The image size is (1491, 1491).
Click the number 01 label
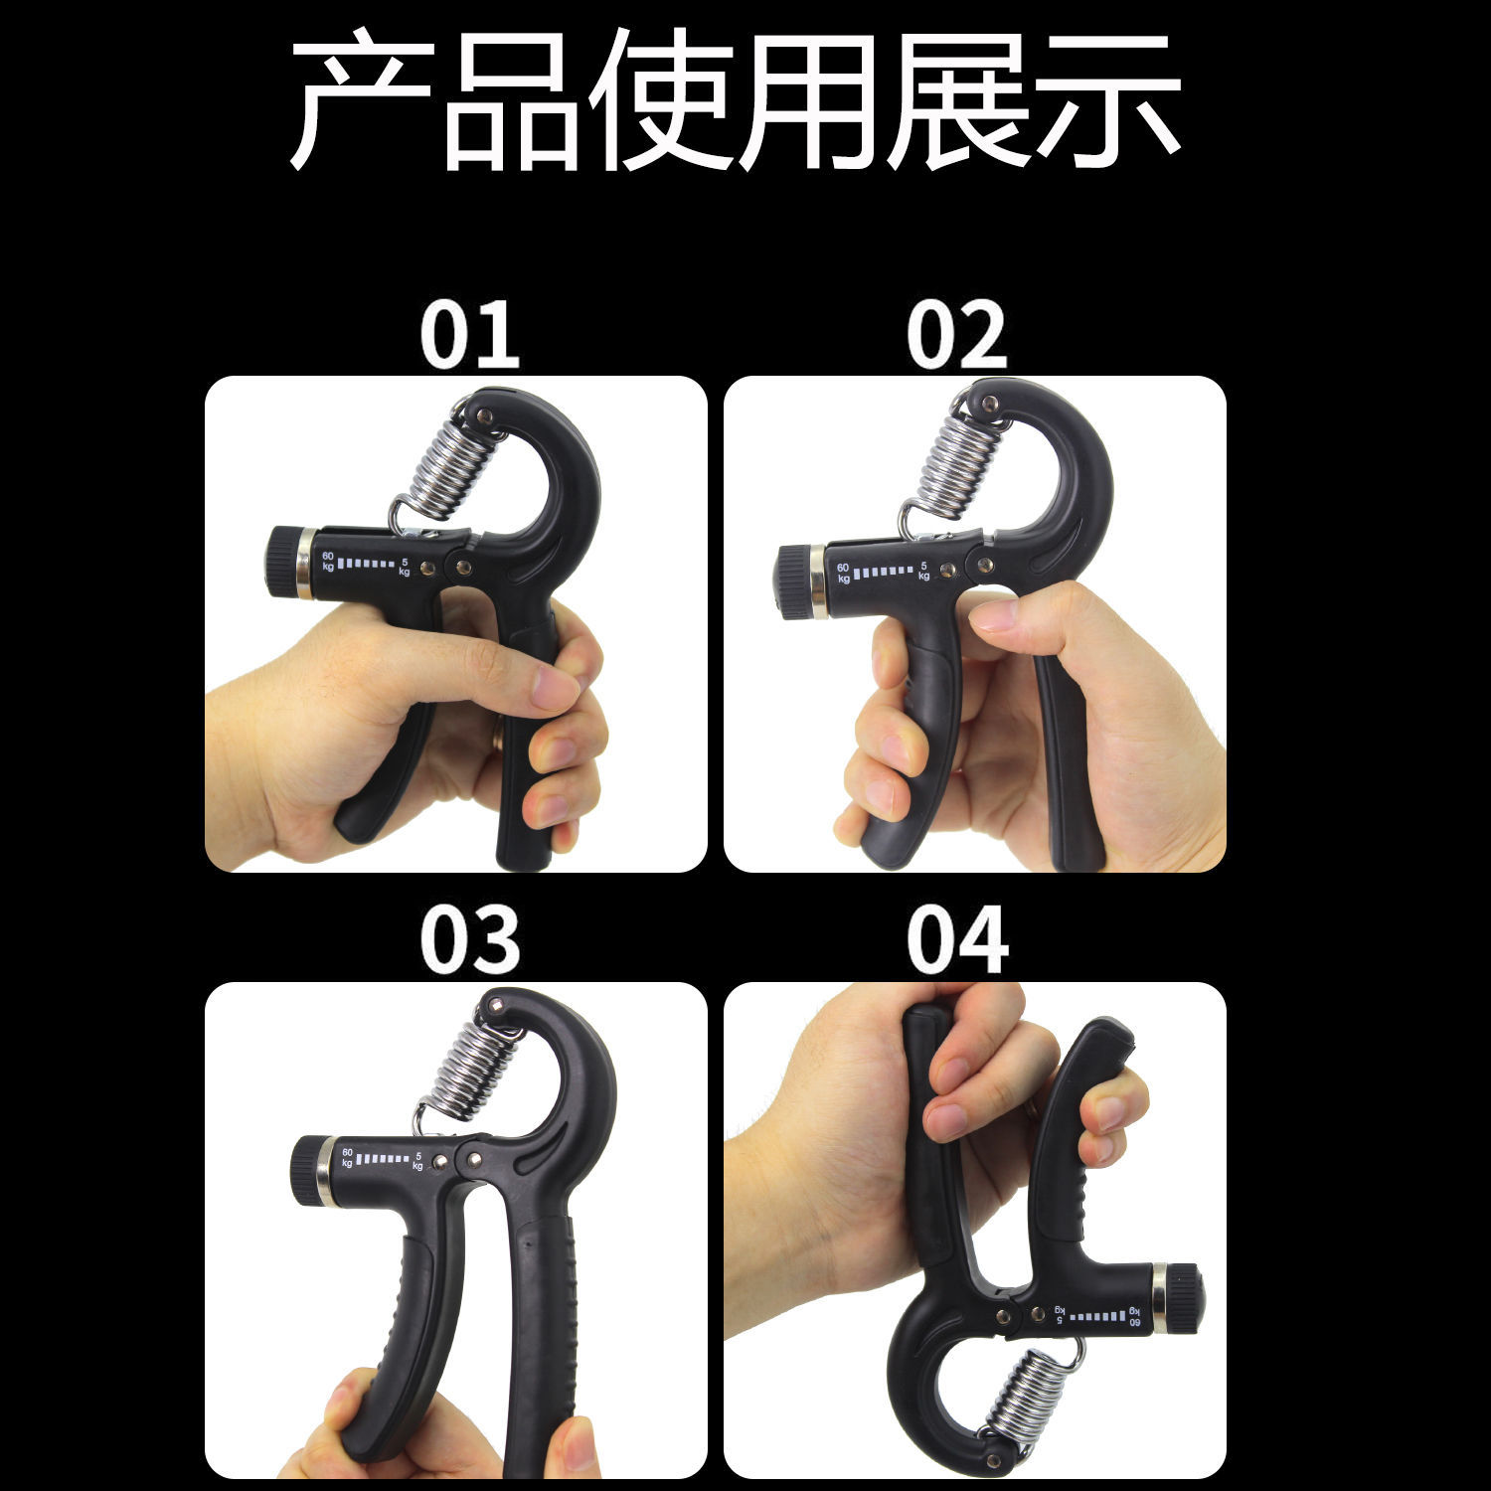pos(469,335)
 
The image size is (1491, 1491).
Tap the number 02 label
pos(956,335)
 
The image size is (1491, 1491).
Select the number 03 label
pos(469,940)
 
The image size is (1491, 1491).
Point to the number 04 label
pos(956,940)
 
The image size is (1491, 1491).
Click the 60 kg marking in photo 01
pos(328,562)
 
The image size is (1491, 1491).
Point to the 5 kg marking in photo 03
pos(418,1160)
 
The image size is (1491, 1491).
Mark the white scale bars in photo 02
pos(883,572)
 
